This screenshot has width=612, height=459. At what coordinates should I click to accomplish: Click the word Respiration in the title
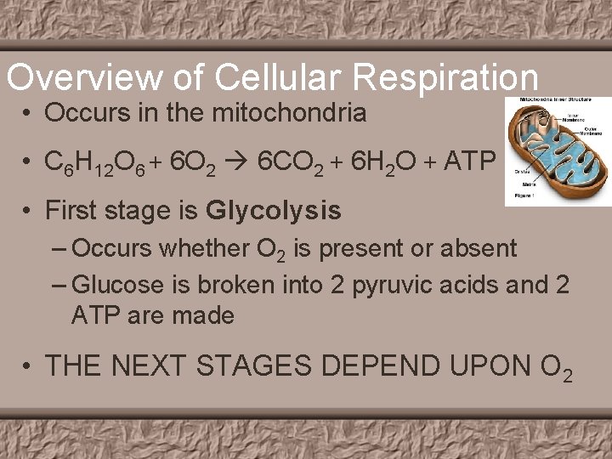coord(445,78)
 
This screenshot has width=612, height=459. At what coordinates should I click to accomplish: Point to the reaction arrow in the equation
coord(239,161)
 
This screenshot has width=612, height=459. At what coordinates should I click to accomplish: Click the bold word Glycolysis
coord(273,210)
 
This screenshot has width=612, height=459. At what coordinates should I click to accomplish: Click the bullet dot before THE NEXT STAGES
coord(29,366)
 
